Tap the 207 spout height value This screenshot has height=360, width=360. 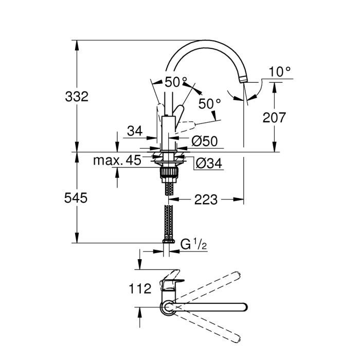[x=274, y=118]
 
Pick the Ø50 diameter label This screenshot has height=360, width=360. [x=204, y=141]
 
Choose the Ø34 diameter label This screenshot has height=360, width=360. [x=209, y=164]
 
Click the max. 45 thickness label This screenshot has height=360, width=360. [x=116, y=160]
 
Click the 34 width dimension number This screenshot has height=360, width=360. [x=135, y=131]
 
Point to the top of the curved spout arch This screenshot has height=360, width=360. [x=206, y=42]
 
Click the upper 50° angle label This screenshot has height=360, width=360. [x=176, y=81]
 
